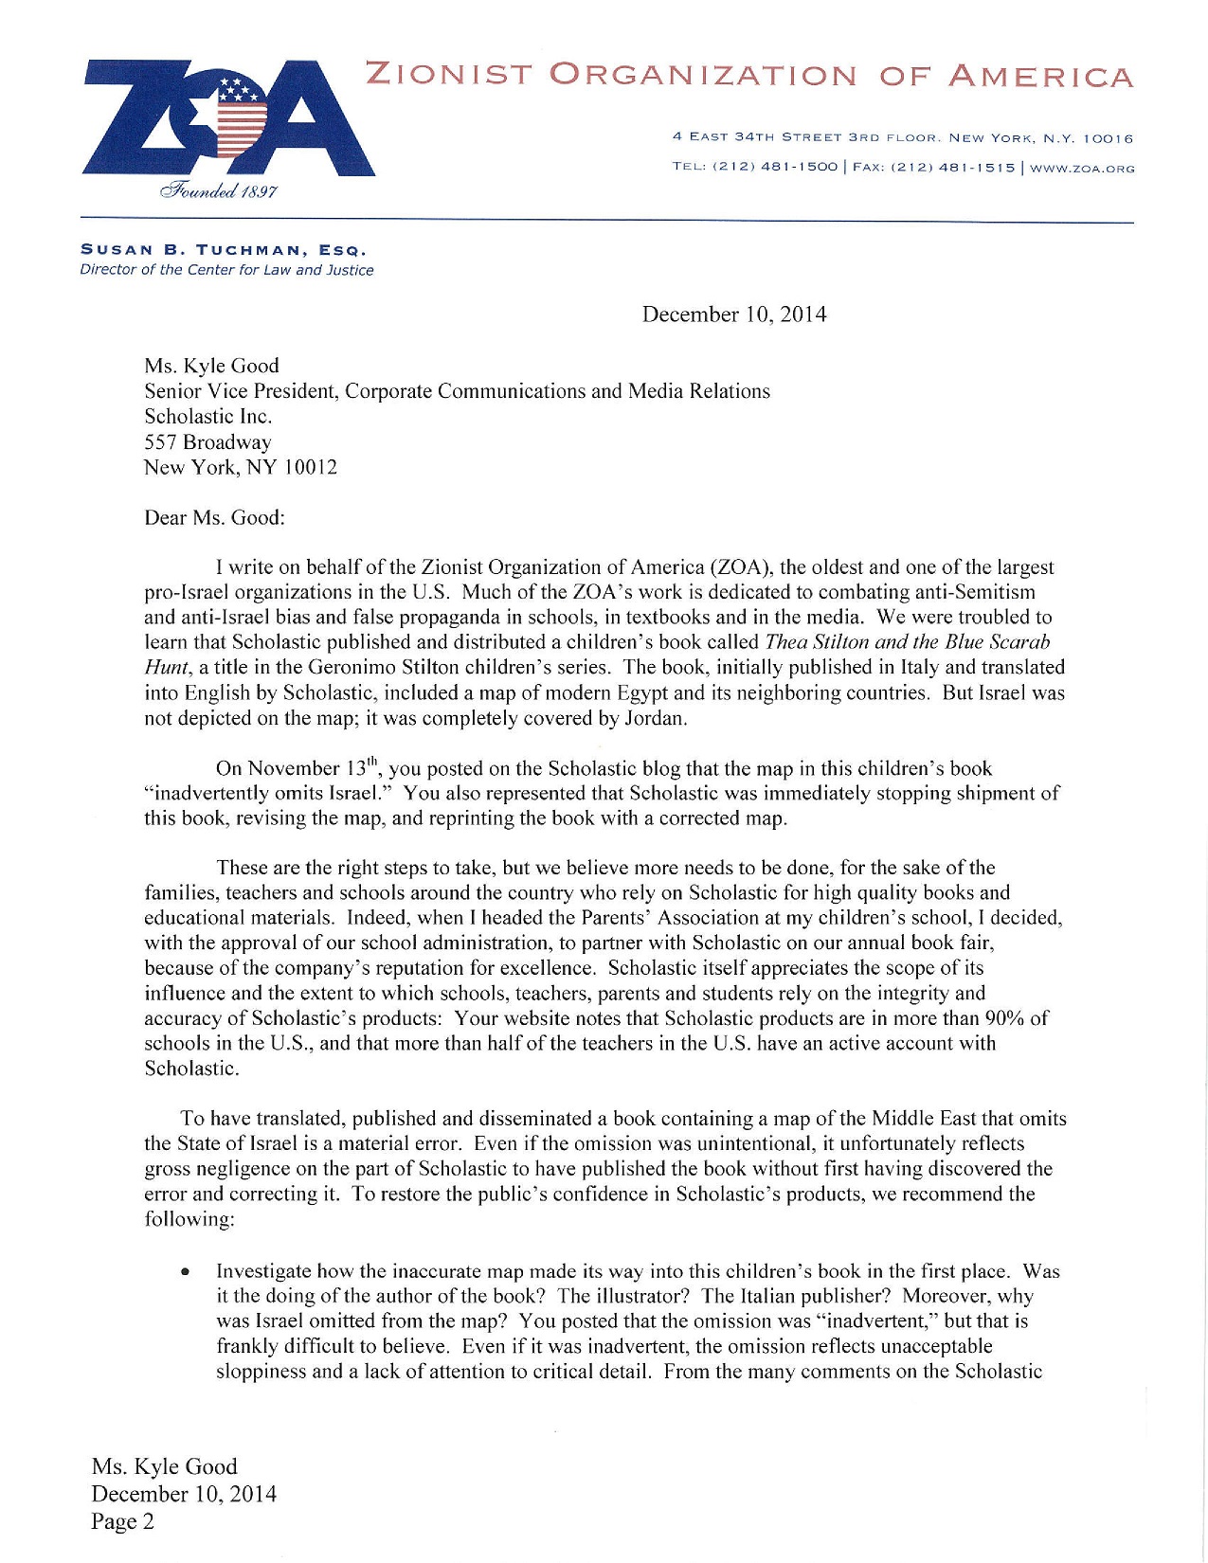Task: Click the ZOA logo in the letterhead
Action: [x=227, y=118]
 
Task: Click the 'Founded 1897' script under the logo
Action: [x=219, y=191]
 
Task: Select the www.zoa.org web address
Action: [x=1081, y=169]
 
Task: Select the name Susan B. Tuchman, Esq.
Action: [x=223, y=250]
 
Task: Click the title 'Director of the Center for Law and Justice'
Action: [x=226, y=270]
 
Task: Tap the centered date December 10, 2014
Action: [x=733, y=314]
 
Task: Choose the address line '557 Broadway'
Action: [x=207, y=442]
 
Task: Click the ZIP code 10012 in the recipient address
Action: [x=309, y=468]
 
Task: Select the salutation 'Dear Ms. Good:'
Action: [x=214, y=518]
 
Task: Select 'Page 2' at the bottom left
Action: [x=122, y=1521]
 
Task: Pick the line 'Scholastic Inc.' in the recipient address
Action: [x=207, y=417]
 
